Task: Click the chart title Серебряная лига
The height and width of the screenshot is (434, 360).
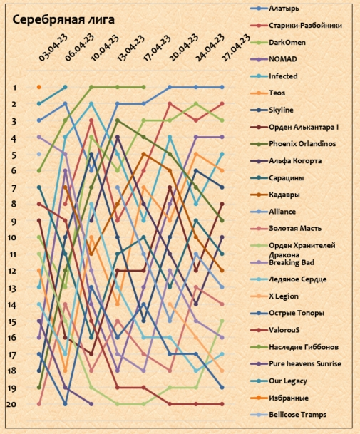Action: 63,20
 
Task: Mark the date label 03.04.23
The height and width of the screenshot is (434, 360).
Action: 53,48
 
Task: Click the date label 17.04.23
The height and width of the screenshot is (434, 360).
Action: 156,48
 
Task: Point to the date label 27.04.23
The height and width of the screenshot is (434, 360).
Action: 236,48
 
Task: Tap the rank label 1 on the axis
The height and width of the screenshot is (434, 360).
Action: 15,88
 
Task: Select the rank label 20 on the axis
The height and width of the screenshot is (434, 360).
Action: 11,404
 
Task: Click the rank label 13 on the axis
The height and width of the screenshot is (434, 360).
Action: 11,289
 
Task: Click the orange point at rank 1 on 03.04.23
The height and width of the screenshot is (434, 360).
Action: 39,87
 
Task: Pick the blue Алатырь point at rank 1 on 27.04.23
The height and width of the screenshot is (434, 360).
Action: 222,87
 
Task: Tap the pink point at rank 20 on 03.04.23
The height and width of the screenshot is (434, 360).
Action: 39,404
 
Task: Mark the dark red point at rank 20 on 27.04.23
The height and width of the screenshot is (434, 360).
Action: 222,404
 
